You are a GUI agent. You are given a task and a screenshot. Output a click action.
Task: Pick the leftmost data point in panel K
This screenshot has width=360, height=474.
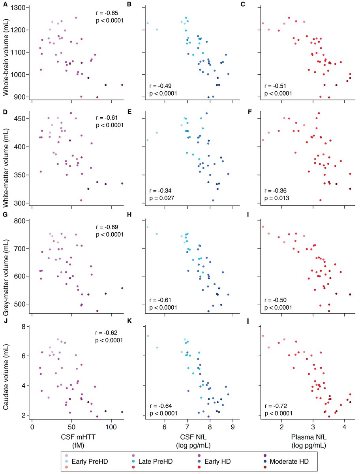tap(148, 336)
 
